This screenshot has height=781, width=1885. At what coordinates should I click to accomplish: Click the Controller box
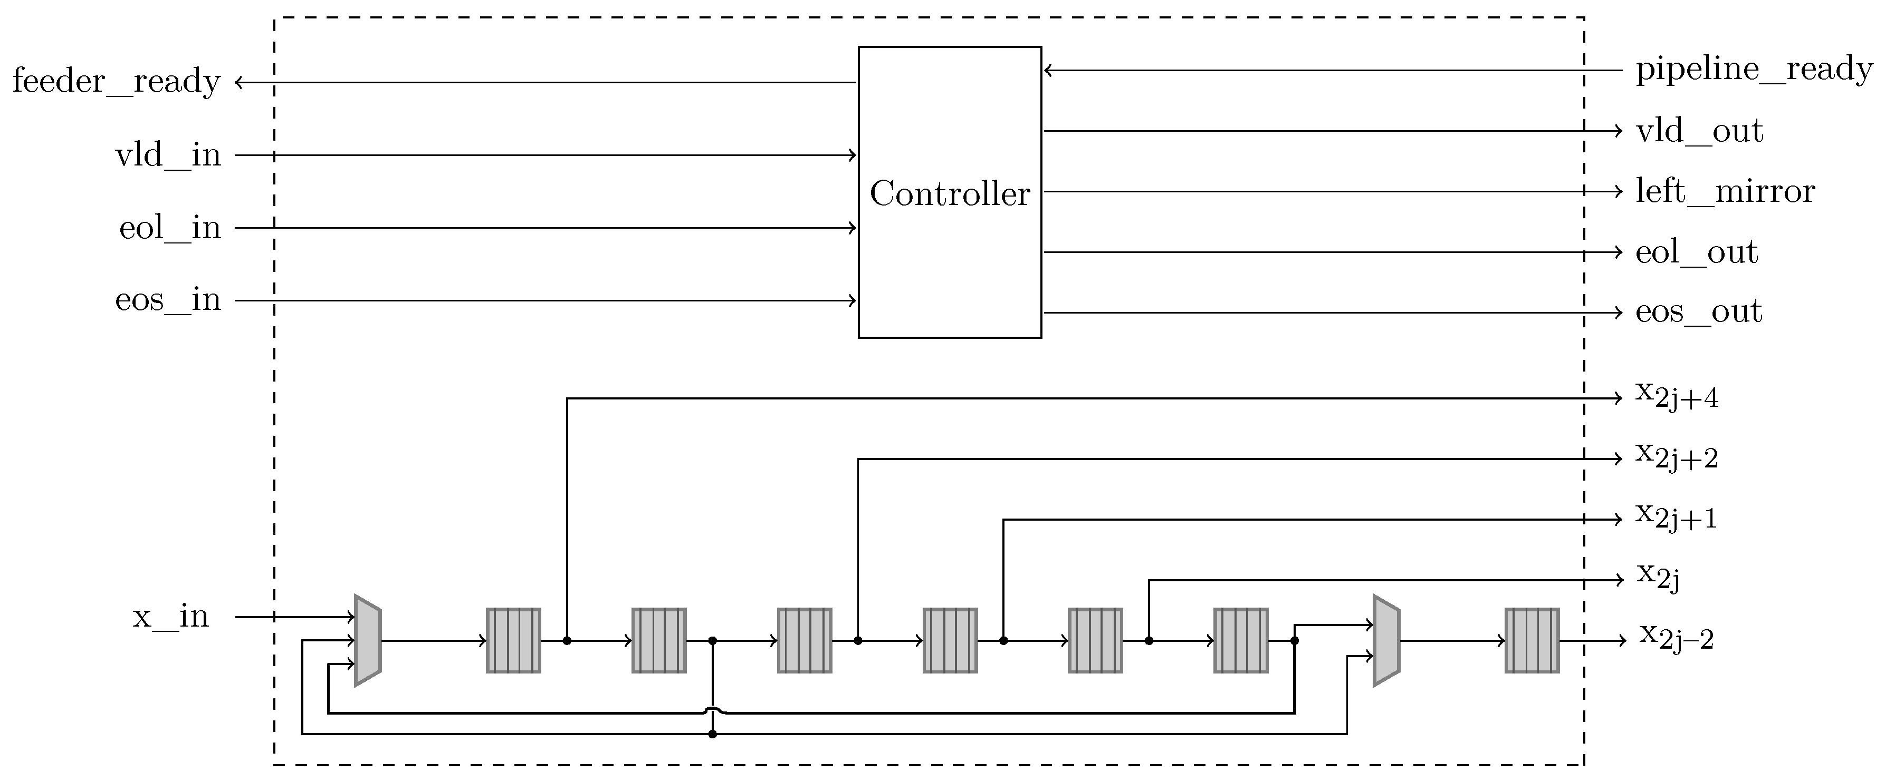(x=949, y=192)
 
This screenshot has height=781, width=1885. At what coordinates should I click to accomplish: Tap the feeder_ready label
(x=117, y=81)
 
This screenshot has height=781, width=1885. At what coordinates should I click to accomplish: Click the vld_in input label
(x=168, y=155)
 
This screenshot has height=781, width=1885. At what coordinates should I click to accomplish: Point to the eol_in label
(x=170, y=228)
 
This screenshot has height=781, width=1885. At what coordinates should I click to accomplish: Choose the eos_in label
(x=168, y=300)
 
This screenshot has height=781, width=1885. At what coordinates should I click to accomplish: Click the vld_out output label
(x=1699, y=131)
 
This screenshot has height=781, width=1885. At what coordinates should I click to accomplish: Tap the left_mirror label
(x=1725, y=192)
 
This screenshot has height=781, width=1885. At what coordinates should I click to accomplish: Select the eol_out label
(x=1696, y=252)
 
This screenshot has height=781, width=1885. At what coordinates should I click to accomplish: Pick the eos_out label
(x=1698, y=313)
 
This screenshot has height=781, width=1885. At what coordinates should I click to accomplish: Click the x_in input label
(x=170, y=617)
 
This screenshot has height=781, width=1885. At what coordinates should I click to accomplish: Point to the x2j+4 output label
(x=1677, y=396)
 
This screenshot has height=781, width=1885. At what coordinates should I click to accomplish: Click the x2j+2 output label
(x=1677, y=457)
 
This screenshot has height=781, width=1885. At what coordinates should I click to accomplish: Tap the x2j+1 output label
(x=1677, y=517)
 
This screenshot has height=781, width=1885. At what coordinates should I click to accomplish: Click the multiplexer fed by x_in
(x=367, y=641)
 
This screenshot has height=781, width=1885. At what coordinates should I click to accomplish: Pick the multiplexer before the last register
(x=1386, y=641)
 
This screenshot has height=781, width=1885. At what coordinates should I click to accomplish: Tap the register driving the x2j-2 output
(x=1532, y=641)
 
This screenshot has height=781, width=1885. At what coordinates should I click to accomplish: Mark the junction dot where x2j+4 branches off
(x=567, y=641)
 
